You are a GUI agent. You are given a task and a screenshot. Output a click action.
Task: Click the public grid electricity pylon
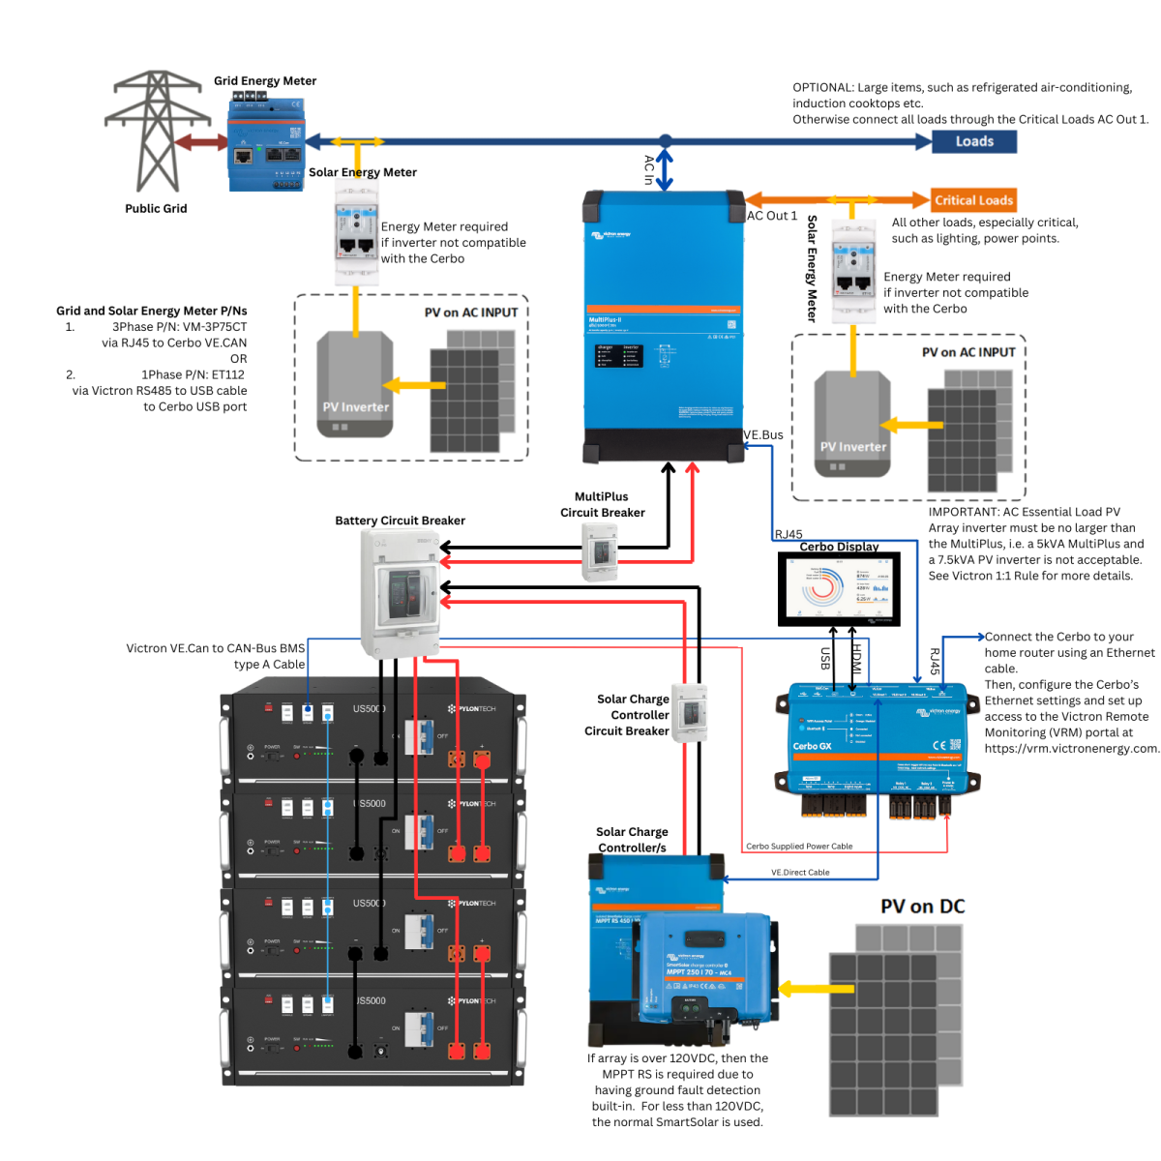click(156, 131)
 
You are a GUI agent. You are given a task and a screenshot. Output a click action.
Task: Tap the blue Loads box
click(973, 141)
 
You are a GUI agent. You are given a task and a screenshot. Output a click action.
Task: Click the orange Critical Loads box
click(973, 200)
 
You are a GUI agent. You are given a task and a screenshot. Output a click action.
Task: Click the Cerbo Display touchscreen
click(839, 588)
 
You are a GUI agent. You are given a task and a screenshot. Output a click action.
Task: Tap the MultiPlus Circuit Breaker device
click(600, 551)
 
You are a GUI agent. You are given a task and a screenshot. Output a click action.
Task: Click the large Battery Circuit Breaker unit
click(400, 592)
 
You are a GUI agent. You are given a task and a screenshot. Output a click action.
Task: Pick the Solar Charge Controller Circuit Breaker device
click(690, 713)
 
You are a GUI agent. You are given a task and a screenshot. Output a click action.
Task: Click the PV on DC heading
click(922, 907)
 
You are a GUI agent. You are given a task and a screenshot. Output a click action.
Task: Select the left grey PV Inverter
click(355, 384)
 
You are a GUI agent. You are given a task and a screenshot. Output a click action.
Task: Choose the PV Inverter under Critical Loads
click(852, 424)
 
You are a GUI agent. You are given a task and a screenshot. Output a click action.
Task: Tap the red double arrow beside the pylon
click(201, 142)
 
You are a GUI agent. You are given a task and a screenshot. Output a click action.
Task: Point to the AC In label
click(649, 169)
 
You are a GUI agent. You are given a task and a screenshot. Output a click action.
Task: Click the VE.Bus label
click(763, 435)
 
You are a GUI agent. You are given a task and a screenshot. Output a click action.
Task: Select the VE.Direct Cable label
click(800, 873)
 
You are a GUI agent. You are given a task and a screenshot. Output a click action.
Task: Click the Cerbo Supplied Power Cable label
click(799, 847)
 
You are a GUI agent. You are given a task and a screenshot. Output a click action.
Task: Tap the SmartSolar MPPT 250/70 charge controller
click(706, 967)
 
